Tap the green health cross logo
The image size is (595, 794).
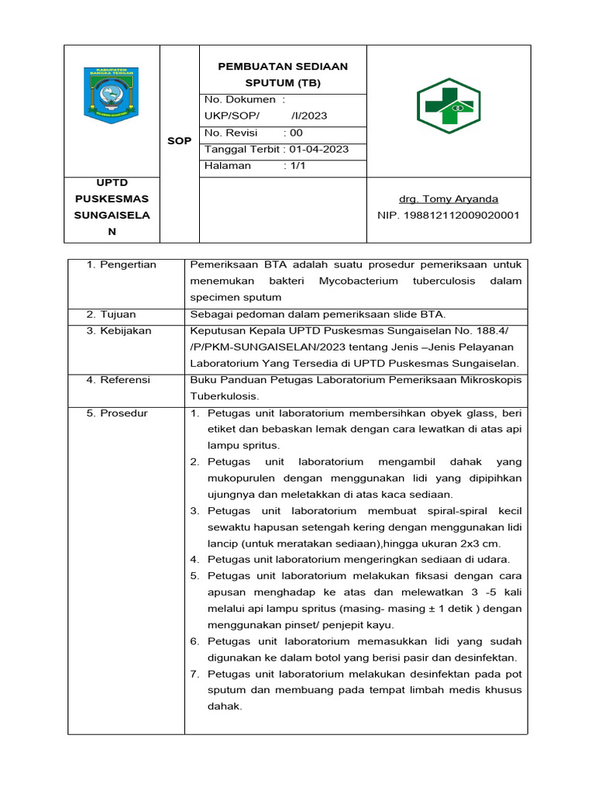tap(448, 105)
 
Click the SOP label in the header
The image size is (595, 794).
tap(179, 140)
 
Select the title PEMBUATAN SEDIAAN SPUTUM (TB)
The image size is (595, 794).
tap(282, 74)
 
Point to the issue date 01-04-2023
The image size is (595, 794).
tap(319, 149)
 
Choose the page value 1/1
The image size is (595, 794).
tap(293, 165)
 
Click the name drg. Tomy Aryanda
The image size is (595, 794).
tap(448, 199)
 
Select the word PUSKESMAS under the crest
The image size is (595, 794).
tap(111, 199)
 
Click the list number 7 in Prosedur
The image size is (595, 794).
tap(194, 674)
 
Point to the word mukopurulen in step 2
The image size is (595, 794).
tap(241, 478)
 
